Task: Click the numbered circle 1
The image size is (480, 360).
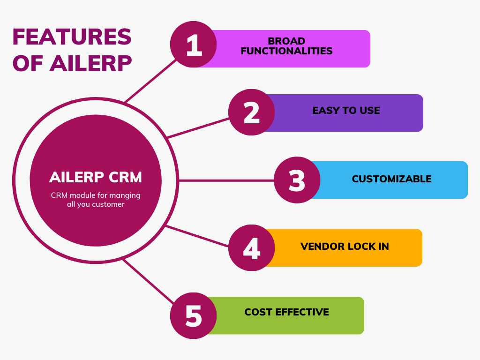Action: tap(194, 45)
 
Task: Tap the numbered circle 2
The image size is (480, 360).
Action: tap(252, 112)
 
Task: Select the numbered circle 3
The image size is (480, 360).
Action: tap(297, 180)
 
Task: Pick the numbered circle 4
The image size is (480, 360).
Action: tap(252, 247)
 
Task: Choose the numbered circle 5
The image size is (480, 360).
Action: tap(194, 315)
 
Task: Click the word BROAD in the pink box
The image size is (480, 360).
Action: tap(286, 41)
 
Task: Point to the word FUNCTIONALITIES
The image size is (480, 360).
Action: tap(286, 51)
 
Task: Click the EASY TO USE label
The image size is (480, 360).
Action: tap(346, 110)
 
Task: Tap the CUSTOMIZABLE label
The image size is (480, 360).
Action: tap(392, 179)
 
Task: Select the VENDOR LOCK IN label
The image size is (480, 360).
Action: tap(345, 247)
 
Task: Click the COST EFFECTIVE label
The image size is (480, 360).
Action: tap(287, 312)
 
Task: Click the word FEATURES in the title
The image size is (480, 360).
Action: tap(72, 37)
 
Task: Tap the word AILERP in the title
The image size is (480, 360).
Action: tap(90, 64)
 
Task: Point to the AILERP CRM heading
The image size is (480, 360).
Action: tap(96, 177)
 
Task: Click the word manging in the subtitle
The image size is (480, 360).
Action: tap(125, 195)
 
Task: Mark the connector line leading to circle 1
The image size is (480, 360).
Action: tap(151, 81)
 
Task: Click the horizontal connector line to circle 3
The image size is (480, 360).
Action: tap(226, 180)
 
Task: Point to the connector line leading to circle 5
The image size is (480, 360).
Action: tap(149, 281)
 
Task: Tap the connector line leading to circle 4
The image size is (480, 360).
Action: tap(197, 236)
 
